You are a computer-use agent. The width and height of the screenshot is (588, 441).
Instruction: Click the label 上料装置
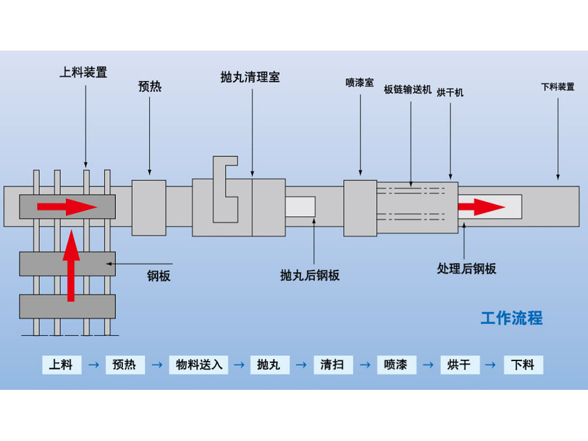(83, 73)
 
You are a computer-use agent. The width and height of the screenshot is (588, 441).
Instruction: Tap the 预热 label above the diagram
(149, 87)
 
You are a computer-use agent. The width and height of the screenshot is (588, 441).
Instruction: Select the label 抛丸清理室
(250, 77)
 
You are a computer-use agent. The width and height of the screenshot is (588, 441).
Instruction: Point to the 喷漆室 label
(359, 83)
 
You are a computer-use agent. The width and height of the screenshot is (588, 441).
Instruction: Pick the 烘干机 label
(450, 92)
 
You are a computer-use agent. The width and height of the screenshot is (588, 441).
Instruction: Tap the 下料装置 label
(557, 87)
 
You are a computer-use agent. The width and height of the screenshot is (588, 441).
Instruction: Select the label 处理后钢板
(466, 269)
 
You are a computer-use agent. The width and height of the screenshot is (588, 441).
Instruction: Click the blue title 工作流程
(512, 319)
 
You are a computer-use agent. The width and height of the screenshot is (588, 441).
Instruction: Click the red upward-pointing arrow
(71, 265)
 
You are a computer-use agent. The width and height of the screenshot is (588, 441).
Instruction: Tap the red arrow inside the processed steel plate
(481, 206)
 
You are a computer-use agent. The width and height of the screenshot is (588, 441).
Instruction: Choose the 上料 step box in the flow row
(61, 365)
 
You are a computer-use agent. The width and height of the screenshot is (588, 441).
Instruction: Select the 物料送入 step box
(199, 365)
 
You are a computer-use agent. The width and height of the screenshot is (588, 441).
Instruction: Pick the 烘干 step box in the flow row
(459, 365)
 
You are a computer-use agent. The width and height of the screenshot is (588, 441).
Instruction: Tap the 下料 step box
(523, 365)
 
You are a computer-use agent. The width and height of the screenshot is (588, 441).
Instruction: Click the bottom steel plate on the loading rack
(67, 306)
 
